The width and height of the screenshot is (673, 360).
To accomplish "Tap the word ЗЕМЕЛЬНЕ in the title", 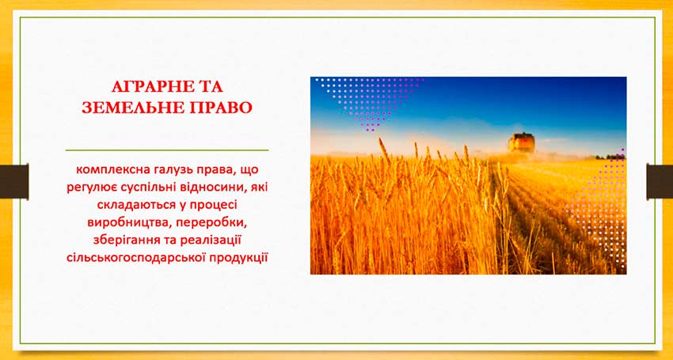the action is pos(126,108).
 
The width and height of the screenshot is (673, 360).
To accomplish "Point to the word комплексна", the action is pos(109,170).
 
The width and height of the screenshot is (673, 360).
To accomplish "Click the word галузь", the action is pos(166,170).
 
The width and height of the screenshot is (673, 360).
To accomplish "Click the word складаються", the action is pos(135,206).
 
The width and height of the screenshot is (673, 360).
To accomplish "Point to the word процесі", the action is pos(211,206).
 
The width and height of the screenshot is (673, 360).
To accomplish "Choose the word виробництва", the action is pos(124,224).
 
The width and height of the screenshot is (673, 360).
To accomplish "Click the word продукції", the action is pos(239,259).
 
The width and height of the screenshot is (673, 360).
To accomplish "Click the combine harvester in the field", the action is pos(522,142).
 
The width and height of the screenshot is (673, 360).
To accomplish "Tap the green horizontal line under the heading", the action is pos(167,150).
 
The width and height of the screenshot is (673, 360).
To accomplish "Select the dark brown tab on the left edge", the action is pos(14,181).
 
